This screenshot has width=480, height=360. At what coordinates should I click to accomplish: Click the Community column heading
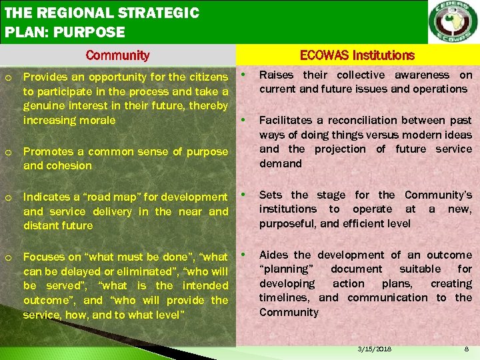pos(118,56)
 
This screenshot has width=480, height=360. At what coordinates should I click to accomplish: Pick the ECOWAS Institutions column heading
pos(357,56)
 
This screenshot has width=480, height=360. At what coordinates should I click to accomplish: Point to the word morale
pos(97,121)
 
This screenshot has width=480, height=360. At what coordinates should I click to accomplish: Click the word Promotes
pos(45,151)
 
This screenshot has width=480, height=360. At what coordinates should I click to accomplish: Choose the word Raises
pos(275,75)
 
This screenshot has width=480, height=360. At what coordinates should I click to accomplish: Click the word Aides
pos(274,255)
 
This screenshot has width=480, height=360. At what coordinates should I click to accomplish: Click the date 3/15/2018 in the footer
pos(375,349)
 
